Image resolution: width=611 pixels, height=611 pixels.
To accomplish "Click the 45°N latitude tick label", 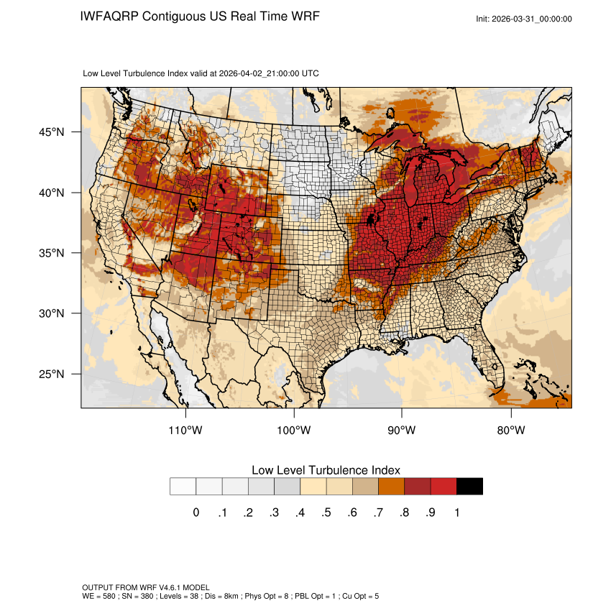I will [52, 132].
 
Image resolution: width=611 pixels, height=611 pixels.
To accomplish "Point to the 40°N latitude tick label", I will [52, 193].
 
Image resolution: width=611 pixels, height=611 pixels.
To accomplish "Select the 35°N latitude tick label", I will [52, 253].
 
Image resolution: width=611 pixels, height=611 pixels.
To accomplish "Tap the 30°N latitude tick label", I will [52, 313].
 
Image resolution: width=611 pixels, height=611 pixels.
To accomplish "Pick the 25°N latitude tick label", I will [52, 374].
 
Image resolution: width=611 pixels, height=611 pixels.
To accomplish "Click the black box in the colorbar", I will [469, 487].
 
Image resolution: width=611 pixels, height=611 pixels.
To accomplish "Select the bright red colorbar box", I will [444, 487].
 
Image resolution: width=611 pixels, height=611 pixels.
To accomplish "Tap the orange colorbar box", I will [392, 487].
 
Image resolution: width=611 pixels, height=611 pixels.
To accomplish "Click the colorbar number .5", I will [326, 513].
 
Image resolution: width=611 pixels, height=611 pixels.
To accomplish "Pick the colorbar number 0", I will [196, 513].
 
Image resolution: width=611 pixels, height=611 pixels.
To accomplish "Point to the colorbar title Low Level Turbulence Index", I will [326, 470].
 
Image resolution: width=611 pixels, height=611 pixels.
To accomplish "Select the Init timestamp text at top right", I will [524, 19].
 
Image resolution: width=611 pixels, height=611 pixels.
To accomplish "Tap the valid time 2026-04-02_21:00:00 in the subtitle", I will [259, 73].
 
